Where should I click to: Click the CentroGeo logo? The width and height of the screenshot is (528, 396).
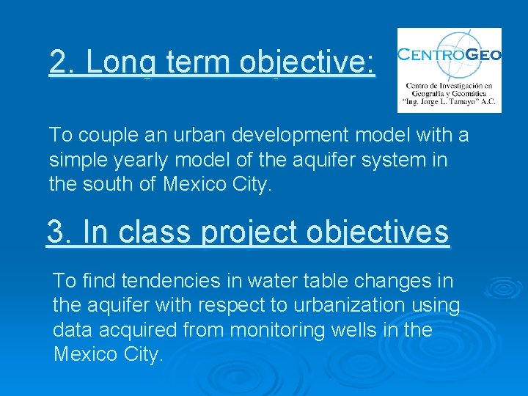[449, 70]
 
